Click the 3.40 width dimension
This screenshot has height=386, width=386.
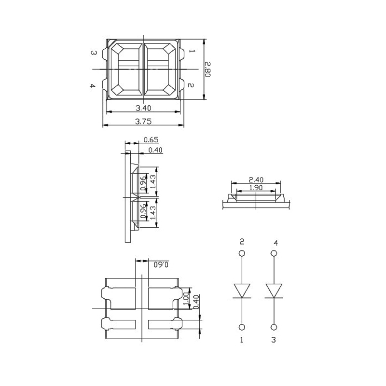144,108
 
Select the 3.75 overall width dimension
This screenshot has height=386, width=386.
144,122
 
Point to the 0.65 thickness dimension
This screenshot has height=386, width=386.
151,140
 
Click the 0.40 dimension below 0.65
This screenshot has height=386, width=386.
155,151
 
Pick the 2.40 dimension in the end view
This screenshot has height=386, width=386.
256,179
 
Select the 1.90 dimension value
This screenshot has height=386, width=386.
256,188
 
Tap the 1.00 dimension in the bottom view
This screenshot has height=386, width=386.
186,296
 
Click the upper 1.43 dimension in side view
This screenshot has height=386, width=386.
152,182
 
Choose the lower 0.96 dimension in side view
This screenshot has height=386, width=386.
143,212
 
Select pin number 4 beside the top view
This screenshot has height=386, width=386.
93,86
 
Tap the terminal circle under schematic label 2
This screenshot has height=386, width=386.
242,253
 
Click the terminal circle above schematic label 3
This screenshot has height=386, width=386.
274,326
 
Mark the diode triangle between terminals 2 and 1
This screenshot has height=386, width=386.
242,290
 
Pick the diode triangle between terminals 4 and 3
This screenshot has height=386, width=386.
274,290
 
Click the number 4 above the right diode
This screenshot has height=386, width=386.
275,242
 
